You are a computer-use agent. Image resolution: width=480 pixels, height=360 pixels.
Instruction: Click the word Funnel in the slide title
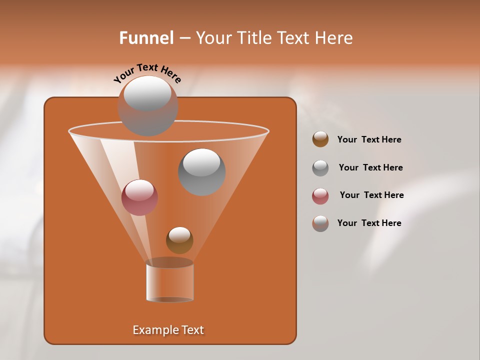(146, 38)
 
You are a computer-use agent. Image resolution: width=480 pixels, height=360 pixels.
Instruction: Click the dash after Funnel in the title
(184, 38)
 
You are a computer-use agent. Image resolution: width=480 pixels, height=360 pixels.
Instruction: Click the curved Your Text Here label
(147, 72)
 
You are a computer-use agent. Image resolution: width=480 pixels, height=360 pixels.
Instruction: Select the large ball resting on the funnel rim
(147, 105)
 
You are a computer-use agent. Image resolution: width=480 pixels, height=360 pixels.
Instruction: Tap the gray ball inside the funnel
(201, 171)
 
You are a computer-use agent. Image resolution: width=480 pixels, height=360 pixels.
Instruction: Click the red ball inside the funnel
(139, 197)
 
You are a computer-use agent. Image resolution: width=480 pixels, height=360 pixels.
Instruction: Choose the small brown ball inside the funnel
(179, 240)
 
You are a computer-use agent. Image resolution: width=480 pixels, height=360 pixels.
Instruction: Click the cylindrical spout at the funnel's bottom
(169, 281)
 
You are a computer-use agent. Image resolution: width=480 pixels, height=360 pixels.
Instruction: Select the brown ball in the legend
(320, 139)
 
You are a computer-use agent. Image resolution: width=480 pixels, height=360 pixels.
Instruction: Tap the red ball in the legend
(320, 196)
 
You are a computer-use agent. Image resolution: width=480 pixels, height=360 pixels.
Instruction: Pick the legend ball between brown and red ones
(320, 168)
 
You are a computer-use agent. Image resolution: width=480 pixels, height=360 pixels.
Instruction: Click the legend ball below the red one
(320, 223)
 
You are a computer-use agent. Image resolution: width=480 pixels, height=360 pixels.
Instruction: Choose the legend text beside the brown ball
(369, 139)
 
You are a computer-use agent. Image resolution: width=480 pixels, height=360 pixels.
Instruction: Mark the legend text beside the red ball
(371, 195)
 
